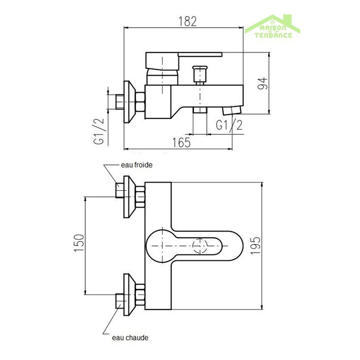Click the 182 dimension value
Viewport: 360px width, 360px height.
click(x=188, y=22)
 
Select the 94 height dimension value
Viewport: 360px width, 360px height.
click(x=262, y=83)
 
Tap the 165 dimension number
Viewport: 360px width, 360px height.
click(x=182, y=142)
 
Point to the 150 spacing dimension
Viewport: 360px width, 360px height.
click(x=79, y=243)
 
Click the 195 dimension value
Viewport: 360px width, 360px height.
click(x=255, y=245)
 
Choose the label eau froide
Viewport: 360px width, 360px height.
click(x=137, y=165)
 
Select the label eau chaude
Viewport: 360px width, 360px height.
click(x=130, y=338)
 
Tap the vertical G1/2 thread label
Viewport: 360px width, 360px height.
click(x=99, y=131)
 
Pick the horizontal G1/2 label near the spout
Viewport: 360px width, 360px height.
click(x=229, y=125)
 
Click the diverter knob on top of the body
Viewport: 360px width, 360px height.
click(x=200, y=74)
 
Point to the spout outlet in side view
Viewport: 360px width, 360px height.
click(x=231, y=110)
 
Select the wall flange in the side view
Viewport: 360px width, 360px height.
click(x=130, y=102)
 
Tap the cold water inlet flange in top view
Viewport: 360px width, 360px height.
click(x=130, y=197)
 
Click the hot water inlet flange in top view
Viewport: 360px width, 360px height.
click(x=130, y=295)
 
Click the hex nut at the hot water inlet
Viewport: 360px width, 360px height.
click(x=140, y=295)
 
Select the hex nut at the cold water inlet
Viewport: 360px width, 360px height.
click(x=140, y=197)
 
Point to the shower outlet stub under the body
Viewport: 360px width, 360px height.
click(x=200, y=110)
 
